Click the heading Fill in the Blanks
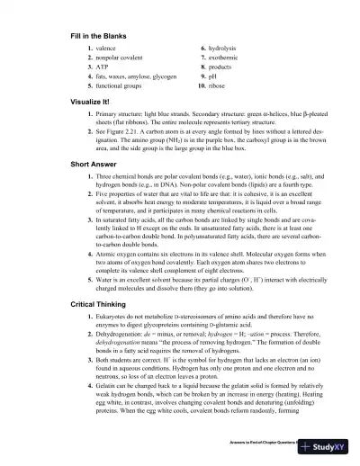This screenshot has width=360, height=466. click(x=98, y=35)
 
